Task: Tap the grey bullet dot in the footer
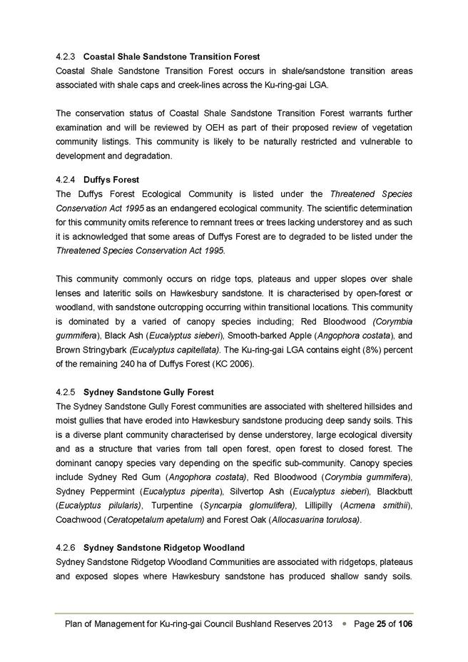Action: click(344, 623)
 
